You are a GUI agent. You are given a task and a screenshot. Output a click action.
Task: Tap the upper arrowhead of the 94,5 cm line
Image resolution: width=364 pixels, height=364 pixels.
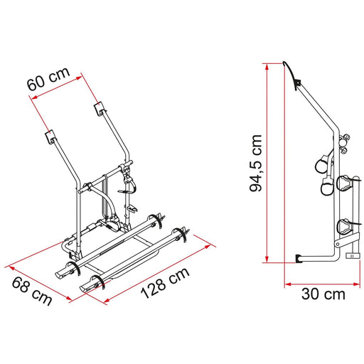(267, 66)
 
